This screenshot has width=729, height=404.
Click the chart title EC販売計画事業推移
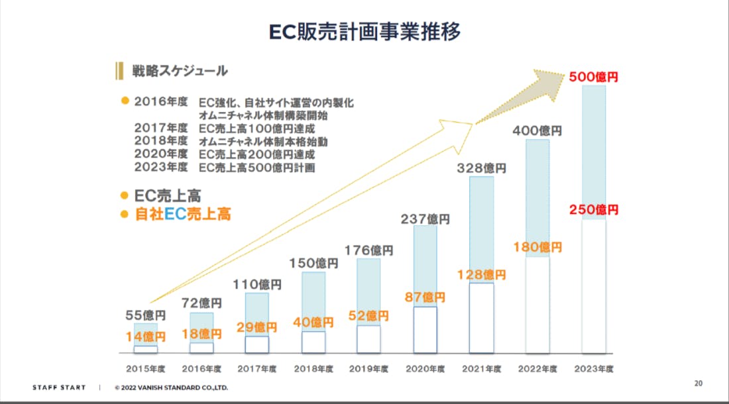364,31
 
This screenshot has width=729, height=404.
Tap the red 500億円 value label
593,77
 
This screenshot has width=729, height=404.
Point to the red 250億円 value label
593,209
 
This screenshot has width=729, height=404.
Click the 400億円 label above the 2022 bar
537,130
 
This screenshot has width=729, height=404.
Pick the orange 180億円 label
537,247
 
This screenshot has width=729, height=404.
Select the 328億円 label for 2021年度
481,168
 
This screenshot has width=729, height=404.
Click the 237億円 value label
425,218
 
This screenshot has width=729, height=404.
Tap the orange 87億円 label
425,297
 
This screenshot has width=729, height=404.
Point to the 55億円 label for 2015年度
145,315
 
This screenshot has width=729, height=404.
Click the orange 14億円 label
145,336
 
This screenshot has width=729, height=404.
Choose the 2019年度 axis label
368,368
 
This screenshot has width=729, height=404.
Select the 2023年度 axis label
593,368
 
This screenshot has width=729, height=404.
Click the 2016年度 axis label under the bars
201,368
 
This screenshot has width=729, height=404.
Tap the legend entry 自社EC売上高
182,215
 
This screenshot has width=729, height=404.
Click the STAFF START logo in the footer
59,387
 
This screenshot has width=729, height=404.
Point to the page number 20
698,383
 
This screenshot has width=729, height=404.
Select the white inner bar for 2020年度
425,329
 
